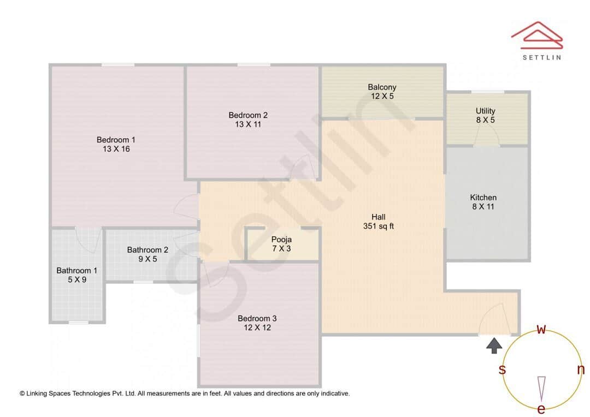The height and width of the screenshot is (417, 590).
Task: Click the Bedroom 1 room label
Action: tap(115, 139)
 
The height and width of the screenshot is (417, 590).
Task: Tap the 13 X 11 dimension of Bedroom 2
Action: tap(248, 124)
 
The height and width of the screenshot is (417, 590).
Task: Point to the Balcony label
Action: tap(382, 87)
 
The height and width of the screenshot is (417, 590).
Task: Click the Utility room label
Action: tap(485, 111)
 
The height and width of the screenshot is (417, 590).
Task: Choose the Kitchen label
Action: tap(483, 197)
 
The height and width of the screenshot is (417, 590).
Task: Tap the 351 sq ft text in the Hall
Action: tap(378, 226)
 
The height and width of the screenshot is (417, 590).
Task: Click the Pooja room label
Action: tap(281, 239)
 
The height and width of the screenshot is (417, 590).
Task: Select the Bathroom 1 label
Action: tap(77, 270)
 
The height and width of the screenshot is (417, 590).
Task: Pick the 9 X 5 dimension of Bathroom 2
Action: tap(147, 259)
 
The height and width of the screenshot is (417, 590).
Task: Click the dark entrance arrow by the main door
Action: tap(494, 345)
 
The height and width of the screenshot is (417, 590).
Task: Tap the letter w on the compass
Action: tap(541, 329)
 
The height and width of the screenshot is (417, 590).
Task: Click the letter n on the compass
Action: tap(581, 370)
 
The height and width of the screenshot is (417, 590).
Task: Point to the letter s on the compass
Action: tap(502, 370)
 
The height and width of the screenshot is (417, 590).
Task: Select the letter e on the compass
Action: tap(541, 409)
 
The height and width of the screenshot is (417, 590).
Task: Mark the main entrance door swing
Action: tap(494, 319)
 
